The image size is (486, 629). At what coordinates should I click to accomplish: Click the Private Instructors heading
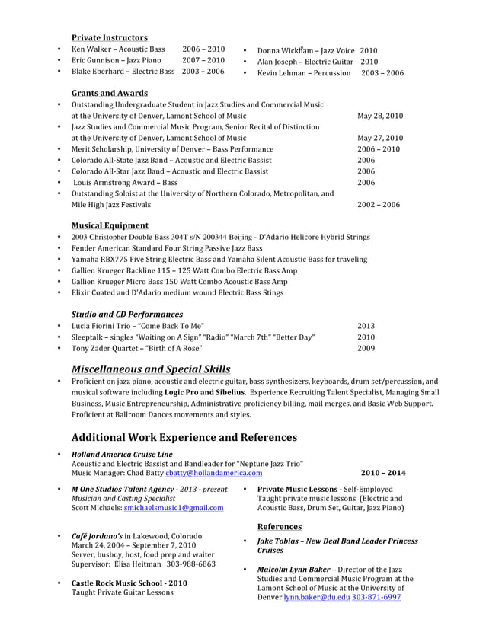point(109,37)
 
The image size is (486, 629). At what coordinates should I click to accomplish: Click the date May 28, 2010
point(380,116)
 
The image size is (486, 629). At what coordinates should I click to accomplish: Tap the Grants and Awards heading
point(109,93)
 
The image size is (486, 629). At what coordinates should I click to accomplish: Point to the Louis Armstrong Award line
point(126,183)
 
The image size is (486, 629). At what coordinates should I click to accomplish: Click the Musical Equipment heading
point(110,225)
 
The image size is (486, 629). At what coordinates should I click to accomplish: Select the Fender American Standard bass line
point(166,248)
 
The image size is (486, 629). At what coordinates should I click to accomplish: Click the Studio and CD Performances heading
point(126,314)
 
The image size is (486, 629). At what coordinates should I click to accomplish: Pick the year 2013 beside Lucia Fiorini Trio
point(366,325)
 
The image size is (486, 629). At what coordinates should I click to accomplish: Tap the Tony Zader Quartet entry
point(136,348)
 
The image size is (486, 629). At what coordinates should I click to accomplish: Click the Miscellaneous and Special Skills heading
point(151,369)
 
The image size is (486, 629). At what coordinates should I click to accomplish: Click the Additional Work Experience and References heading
point(184,437)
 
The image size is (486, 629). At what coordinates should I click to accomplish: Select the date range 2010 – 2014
point(382,473)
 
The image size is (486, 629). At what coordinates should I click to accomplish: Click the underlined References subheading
point(279,527)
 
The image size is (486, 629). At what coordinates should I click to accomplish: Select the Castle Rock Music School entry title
point(129,583)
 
